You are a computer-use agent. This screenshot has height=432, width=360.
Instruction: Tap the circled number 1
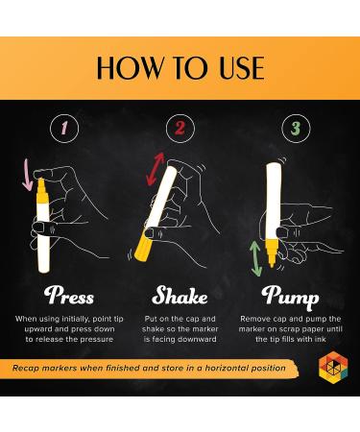pos(64,128)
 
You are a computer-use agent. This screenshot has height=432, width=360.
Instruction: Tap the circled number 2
pos(180,128)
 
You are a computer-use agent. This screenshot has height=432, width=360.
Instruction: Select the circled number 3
pos(296,128)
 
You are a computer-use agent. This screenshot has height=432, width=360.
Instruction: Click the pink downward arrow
pos(28,175)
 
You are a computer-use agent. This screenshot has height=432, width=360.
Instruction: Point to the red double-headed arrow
pos(156,169)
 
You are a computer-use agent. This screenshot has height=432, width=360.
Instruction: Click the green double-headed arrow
pos(256,258)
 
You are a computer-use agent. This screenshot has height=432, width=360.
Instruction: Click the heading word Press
pos(69,296)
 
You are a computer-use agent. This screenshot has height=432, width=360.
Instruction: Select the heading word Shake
pos(180,296)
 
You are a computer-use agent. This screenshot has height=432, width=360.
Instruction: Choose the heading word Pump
pos(290,297)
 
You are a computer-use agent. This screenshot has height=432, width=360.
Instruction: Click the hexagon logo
pos(333,367)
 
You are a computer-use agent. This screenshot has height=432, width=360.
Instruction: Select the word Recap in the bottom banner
pos(26,369)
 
